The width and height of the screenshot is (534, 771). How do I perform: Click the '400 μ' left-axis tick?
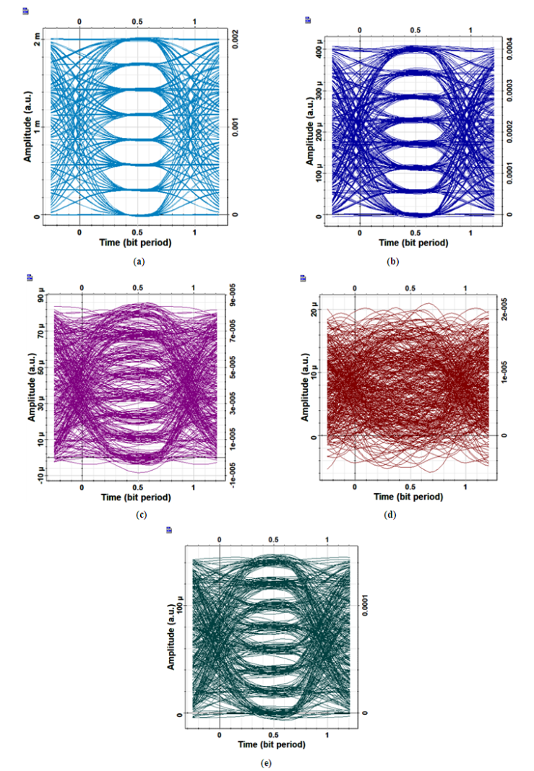(311, 49)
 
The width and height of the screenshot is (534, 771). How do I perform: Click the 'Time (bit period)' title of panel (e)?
(272, 744)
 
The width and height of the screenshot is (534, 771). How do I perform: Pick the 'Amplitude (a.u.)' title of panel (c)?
(32, 383)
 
